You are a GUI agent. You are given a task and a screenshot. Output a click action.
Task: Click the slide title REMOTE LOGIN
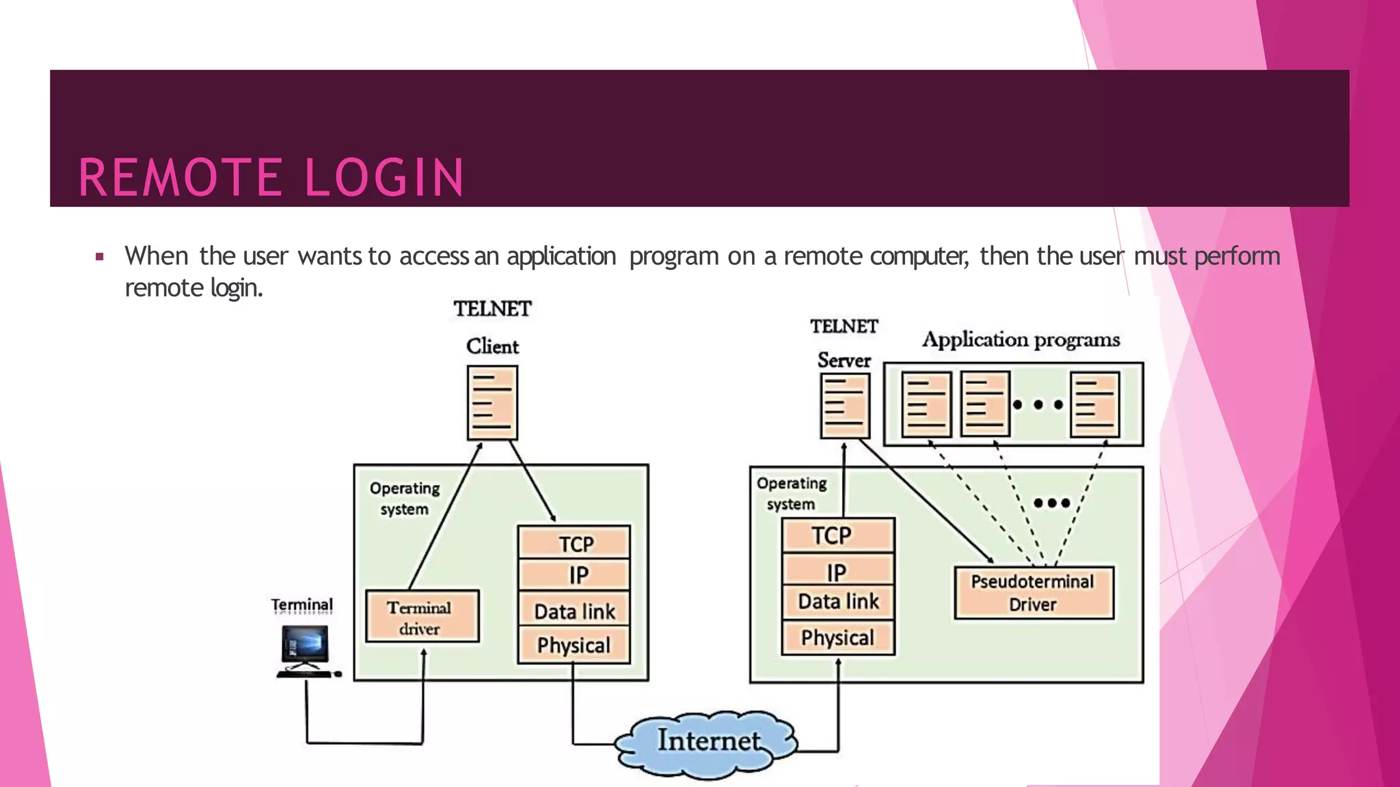(x=271, y=178)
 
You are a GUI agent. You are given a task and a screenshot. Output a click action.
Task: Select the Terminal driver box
(x=422, y=617)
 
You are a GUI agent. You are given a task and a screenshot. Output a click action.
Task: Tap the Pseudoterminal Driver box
(x=1033, y=592)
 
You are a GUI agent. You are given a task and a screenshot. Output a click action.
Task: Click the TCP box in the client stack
(x=574, y=543)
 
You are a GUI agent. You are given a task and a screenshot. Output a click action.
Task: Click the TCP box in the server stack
(x=837, y=535)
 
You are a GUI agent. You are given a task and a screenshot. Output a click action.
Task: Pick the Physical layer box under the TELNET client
(x=574, y=646)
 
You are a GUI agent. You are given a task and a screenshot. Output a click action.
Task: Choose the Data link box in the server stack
(x=837, y=602)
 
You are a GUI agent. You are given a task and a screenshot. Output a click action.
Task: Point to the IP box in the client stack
(x=574, y=575)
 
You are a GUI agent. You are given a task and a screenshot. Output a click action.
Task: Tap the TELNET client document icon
(x=492, y=402)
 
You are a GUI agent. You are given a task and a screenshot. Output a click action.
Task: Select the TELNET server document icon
(x=845, y=405)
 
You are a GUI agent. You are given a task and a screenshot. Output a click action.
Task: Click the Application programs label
(x=1021, y=340)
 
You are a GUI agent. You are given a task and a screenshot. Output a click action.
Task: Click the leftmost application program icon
(x=926, y=404)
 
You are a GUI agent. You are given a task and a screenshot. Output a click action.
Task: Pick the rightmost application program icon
(x=1094, y=404)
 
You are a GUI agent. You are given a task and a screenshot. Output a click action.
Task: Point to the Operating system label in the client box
(x=405, y=498)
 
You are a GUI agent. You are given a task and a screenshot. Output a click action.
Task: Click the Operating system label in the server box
(x=792, y=493)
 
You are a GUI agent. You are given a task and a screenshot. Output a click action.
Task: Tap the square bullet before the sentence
(x=100, y=257)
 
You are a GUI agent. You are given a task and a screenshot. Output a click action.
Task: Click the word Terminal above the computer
(x=301, y=605)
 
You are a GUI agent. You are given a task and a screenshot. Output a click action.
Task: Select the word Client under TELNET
(x=492, y=346)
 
